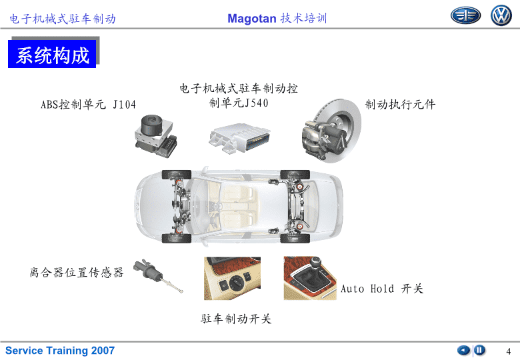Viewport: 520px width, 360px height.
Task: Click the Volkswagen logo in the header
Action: (501, 16)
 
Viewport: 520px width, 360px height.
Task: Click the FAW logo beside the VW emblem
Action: (465, 16)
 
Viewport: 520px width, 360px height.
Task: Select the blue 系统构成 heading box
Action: (53, 55)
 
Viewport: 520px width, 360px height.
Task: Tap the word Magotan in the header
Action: (251, 19)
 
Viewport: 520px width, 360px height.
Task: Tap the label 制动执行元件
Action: (400, 105)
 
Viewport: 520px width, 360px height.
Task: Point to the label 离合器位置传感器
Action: (77, 272)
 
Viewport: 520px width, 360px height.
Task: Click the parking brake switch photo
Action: (232, 278)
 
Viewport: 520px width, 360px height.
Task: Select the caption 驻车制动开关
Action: (236, 319)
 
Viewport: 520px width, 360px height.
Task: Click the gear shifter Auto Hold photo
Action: (309, 278)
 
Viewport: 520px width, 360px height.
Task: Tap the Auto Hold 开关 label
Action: (382, 289)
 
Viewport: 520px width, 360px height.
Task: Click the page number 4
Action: (508, 351)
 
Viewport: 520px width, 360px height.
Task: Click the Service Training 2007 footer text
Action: (60, 351)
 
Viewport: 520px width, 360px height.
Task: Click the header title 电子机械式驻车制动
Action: (63, 19)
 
